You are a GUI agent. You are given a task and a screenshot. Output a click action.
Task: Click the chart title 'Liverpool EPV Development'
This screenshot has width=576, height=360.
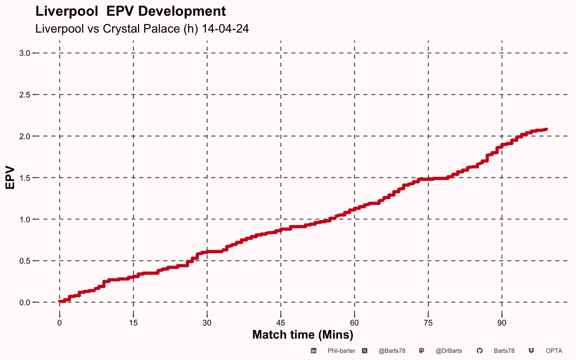[x=130, y=11]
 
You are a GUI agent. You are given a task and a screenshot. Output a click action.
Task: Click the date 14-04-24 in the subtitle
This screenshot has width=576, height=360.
[x=225, y=28]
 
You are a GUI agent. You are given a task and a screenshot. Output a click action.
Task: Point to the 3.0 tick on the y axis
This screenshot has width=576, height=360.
[x=25, y=53]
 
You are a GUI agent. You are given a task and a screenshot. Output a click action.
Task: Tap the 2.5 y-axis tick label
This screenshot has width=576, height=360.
[x=25, y=95]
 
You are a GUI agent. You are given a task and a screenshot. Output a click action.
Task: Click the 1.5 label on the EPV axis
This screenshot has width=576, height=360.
[x=25, y=178]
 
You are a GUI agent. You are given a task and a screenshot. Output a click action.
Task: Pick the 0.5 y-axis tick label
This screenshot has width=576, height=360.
[x=25, y=261]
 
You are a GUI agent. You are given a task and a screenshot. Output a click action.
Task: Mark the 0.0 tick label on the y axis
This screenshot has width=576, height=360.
[x=25, y=303]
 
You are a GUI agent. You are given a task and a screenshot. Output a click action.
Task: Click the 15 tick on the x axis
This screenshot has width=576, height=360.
[x=133, y=323]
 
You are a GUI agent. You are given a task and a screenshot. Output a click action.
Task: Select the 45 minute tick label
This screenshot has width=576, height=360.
[x=281, y=323]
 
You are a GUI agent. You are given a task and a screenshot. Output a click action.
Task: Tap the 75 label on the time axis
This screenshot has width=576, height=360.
[x=428, y=323]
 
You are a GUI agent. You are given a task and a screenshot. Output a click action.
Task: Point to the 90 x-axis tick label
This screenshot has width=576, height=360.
[x=502, y=323]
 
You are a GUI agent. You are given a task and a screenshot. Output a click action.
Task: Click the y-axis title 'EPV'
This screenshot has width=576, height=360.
[x=10, y=178]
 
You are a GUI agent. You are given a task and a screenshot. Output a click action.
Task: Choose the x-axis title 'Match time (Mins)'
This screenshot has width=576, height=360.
[x=303, y=335]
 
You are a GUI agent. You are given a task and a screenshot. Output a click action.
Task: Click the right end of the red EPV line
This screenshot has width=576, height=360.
[x=546, y=129]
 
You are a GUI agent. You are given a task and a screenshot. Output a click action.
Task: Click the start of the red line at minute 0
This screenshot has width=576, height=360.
[x=60, y=301]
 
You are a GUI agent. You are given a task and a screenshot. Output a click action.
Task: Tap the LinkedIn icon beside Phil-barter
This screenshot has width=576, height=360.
[x=313, y=351]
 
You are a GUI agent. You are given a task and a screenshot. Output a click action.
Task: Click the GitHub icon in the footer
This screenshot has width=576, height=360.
[x=480, y=351]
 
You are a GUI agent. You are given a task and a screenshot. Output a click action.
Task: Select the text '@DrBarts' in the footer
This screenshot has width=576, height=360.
[x=449, y=351]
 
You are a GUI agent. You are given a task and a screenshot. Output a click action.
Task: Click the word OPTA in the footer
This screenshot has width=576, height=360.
[x=554, y=351]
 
